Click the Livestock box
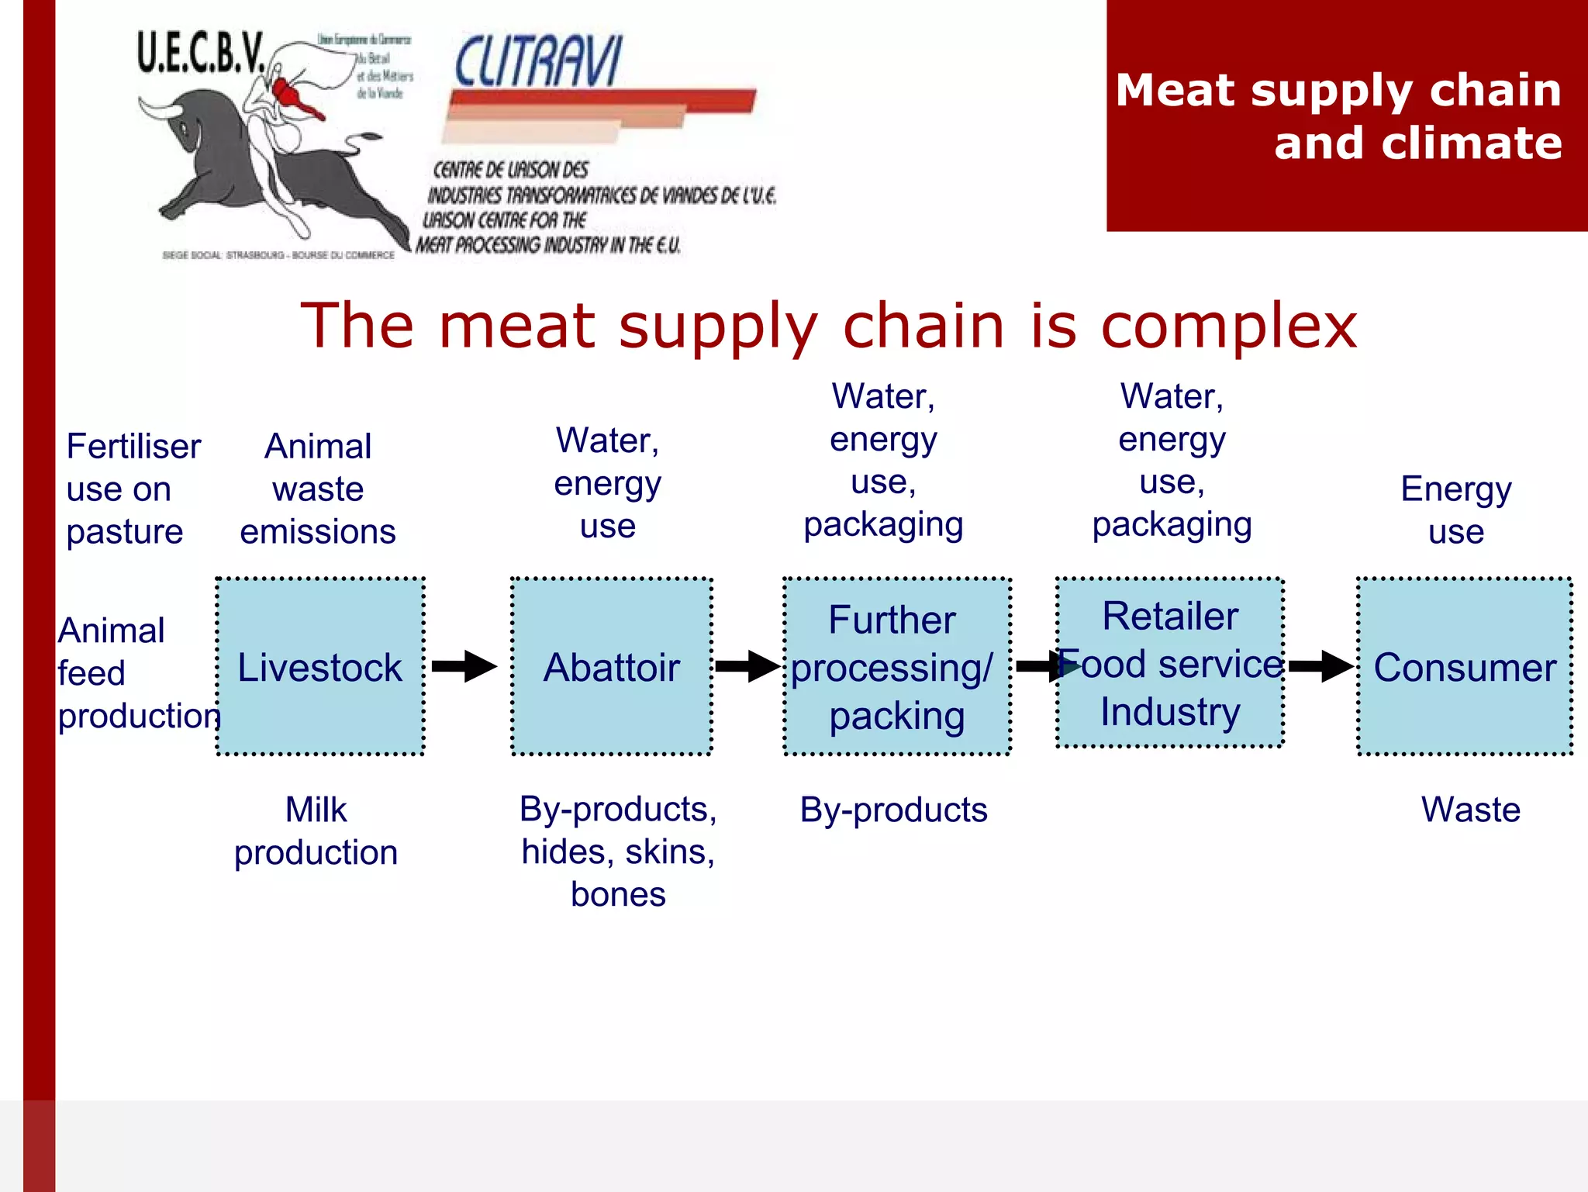point(320,666)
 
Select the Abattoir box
point(612,666)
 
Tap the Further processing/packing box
point(897,666)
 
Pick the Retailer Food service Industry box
point(1170,663)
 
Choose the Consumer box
point(1465,666)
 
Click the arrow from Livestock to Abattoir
point(464,666)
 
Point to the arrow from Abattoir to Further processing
point(747,666)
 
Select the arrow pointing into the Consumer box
point(1320,666)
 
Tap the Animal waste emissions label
point(318,489)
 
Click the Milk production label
point(316,831)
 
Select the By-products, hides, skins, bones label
point(618,852)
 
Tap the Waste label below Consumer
point(1470,810)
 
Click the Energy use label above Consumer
point(1456,510)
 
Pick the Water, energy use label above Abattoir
point(608,482)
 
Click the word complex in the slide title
point(1229,326)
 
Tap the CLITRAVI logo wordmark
point(538,62)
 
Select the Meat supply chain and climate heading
point(1339,116)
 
